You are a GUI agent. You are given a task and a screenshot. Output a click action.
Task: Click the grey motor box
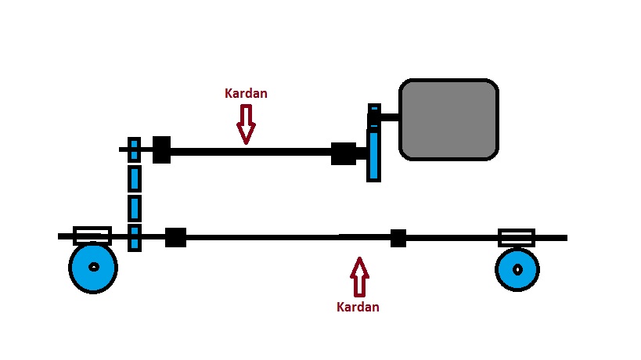[x=448, y=119]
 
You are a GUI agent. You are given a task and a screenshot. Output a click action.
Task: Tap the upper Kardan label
[x=246, y=93]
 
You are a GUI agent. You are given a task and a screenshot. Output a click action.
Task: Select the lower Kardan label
[x=358, y=307]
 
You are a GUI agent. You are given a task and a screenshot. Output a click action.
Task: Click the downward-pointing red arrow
[x=246, y=124]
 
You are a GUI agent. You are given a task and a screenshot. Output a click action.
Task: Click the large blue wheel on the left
[x=93, y=268]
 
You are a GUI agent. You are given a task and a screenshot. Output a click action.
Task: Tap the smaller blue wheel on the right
[x=517, y=269]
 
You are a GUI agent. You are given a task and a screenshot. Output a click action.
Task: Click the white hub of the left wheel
[x=94, y=267]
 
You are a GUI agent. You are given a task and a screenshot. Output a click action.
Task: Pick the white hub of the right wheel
[x=517, y=269]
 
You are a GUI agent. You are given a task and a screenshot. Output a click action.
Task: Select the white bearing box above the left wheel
[x=92, y=235]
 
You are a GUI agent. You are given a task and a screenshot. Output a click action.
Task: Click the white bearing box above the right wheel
[x=517, y=237]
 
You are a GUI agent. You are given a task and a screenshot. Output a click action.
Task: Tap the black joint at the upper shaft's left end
[x=161, y=149]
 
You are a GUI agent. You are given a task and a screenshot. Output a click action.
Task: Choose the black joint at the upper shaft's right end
[x=343, y=153]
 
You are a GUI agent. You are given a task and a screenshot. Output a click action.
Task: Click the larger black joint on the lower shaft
[x=175, y=237]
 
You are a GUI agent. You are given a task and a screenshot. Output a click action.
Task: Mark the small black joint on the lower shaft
[x=398, y=238]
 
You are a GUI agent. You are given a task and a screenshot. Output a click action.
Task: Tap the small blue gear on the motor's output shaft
[x=374, y=113]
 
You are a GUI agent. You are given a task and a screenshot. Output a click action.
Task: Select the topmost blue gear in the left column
[x=134, y=149]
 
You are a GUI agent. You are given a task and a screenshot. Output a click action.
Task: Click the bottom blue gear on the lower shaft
[x=134, y=237]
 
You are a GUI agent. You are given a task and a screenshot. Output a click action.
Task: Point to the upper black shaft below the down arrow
[x=247, y=151]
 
